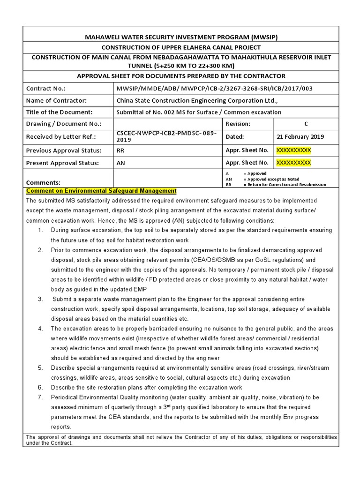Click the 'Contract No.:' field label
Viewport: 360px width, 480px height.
pyautogui.click(x=46, y=88)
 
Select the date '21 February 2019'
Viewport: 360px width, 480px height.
pyautogui.click(x=300, y=136)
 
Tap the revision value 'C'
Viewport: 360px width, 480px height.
pyautogui.click(x=306, y=124)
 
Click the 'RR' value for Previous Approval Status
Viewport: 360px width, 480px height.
pyautogui.click(x=121, y=150)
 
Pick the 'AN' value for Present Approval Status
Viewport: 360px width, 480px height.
pyautogui.click(x=121, y=163)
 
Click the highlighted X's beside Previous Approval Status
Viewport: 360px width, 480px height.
pyautogui.click(x=293, y=150)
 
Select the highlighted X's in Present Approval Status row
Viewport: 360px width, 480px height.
pyautogui.click(x=293, y=163)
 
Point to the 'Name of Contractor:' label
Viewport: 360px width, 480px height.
pyautogui.click(x=56, y=100)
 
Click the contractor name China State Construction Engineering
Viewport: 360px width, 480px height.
pyautogui.click(x=197, y=100)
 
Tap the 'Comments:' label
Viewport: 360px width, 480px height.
pyautogui.click(x=44, y=182)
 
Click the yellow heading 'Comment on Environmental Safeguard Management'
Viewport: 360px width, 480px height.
pyautogui.click(x=101, y=191)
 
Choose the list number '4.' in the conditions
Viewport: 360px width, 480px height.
pyautogui.click(x=40, y=329)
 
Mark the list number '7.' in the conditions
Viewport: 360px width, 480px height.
pyautogui.click(x=40, y=397)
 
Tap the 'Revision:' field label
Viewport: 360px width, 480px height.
pyautogui.click(x=238, y=124)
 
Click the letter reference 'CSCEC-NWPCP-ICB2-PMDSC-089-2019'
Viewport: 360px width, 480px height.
pyautogui.click(x=166, y=136)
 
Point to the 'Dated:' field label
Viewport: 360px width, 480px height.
pyautogui.click(x=235, y=136)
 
